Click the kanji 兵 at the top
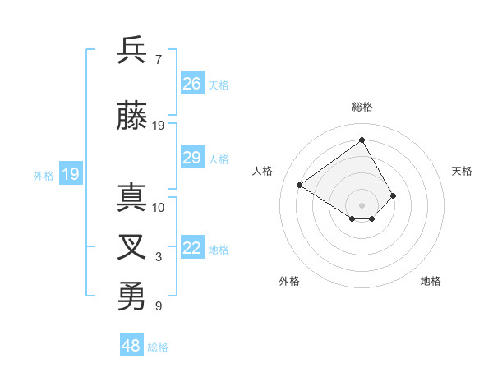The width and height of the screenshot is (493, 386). click(132, 50)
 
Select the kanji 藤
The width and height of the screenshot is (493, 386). click(132, 116)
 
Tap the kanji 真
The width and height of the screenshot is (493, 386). click(132, 198)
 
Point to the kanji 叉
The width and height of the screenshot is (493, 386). click(132, 248)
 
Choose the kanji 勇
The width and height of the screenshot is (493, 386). click(132, 296)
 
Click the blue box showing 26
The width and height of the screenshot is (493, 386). click(192, 84)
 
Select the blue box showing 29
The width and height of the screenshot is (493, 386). click(192, 158)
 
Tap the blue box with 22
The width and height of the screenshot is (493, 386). click(192, 248)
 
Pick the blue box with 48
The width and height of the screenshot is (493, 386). click(131, 346)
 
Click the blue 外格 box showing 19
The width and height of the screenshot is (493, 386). click(71, 174)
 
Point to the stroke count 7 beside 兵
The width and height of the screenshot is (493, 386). click(158, 60)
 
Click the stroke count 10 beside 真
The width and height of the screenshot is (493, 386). click(159, 208)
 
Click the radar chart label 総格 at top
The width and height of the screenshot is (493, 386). click(362, 107)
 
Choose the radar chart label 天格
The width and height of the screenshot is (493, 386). click(462, 171)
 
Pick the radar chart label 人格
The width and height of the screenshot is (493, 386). click(262, 171)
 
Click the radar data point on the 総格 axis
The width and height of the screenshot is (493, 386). click(362, 140)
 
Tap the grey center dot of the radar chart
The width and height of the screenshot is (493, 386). click(362, 204)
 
